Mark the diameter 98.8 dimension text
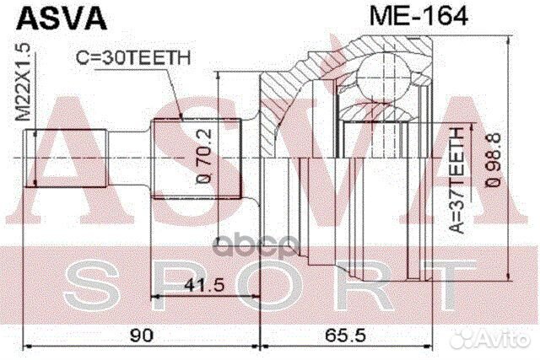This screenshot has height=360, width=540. [x=497, y=159]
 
